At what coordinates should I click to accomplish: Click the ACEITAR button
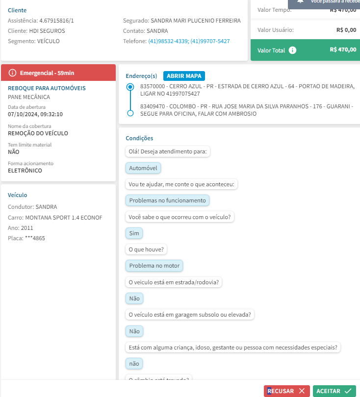[x=334, y=391]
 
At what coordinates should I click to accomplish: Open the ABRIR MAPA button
[x=184, y=76]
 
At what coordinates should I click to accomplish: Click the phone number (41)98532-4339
[x=168, y=41]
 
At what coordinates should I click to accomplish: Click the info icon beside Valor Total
[x=292, y=50]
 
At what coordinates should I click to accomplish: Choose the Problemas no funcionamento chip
[x=167, y=200]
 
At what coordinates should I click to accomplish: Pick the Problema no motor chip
[x=154, y=266]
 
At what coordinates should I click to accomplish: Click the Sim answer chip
[x=134, y=233]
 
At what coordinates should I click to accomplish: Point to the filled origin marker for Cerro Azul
[x=130, y=87]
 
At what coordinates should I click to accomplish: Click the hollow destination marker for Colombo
[x=130, y=113]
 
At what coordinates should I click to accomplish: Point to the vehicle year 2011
[x=27, y=228]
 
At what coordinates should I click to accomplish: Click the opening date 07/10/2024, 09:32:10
[x=35, y=114]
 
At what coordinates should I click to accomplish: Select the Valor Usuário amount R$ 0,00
[x=346, y=30]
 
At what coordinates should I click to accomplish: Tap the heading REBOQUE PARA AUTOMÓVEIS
[x=47, y=88]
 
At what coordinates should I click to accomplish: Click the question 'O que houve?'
[x=147, y=249]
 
